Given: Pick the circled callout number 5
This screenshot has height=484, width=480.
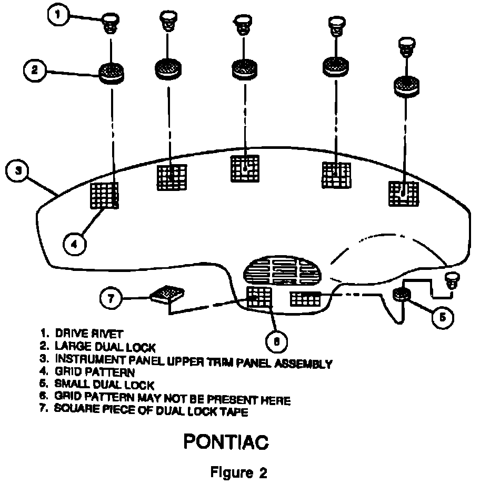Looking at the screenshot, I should coord(442,317).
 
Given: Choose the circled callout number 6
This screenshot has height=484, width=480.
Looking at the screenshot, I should coord(276,342).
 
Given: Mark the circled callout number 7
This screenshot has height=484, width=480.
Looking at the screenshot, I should coord(111,298).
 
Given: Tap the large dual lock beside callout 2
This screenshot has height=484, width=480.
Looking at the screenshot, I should coord(112,71).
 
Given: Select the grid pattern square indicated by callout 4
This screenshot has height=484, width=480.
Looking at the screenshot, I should coord(105,195).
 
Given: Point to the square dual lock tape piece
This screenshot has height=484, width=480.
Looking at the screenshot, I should coord(167,295).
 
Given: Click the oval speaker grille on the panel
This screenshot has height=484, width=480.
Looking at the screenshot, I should coord(283,271).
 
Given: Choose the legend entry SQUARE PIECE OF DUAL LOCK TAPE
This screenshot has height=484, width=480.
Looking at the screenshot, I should coord(150,410).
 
